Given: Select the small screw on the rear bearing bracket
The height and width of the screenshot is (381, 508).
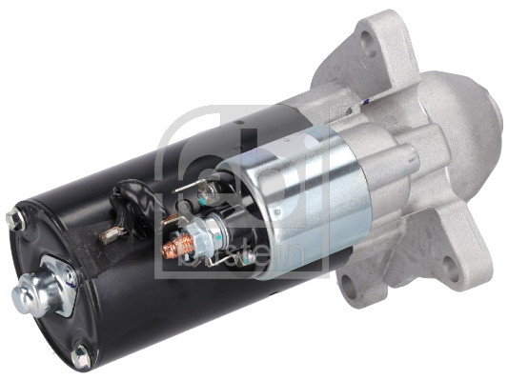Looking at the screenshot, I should click(x=70, y=276).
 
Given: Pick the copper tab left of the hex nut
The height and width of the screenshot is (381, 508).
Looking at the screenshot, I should click(x=171, y=220).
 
